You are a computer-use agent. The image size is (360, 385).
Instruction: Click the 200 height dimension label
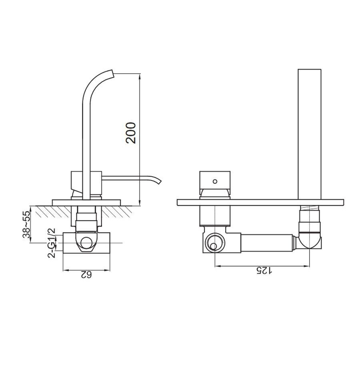pyautogui.click(x=130, y=133)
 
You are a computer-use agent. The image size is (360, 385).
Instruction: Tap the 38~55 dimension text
pyautogui.click(x=26, y=225)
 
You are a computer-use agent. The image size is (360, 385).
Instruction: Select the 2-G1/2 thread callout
pyautogui.click(x=52, y=243)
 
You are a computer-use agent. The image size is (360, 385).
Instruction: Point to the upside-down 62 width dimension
pyautogui.click(x=86, y=275)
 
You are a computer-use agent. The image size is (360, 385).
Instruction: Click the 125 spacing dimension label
pyautogui.click(x=264, y=270)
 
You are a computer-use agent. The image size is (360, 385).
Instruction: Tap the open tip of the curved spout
pyautogui.click(x=113, y=73)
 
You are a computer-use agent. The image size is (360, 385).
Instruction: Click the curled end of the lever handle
pyautogui.click(x=158, y=180)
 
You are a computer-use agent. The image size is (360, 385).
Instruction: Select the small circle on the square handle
pyautogui.click(x=215, y=181)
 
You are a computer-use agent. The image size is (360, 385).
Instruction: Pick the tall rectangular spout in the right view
pyautogui.click(x=310, y=134)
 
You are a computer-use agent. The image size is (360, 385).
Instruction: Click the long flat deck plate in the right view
pyautogui.click(x=260, y=203)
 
